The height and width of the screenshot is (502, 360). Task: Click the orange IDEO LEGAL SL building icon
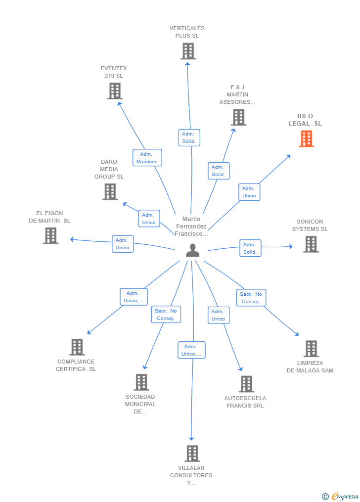[306, 139]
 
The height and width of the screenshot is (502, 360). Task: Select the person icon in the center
[192, 251]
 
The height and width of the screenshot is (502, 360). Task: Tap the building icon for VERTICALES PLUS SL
[188, 51]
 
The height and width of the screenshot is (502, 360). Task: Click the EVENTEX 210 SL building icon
[115, 91]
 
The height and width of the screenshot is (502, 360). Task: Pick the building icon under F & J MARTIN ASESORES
[238, 117]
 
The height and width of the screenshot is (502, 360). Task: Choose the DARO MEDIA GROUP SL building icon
[110, 191]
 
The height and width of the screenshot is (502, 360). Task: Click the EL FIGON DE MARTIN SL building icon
[50, 236]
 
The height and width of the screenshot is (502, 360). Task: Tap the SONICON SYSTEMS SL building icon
[311, 244]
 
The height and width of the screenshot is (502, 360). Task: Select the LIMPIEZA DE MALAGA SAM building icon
[311, 349]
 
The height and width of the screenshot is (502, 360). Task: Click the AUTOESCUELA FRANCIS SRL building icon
[246, 384]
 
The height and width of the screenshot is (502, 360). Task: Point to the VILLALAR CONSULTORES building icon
[192, 453]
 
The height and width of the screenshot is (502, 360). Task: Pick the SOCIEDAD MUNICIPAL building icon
[141, 382]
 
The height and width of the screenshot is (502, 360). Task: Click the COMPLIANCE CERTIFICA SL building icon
[77, 347]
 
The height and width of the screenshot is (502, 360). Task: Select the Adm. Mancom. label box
[147, 158]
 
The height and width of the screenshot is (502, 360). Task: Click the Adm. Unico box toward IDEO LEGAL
[249, 192]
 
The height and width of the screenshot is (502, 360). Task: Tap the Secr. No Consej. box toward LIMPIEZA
[251, 298]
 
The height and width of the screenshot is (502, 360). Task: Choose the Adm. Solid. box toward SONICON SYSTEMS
[250, 248]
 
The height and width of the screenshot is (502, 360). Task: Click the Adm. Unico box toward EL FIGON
[122, 244]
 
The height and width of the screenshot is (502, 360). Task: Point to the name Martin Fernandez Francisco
[191, 227]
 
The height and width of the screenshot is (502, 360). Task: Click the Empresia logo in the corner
[341, 496]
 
